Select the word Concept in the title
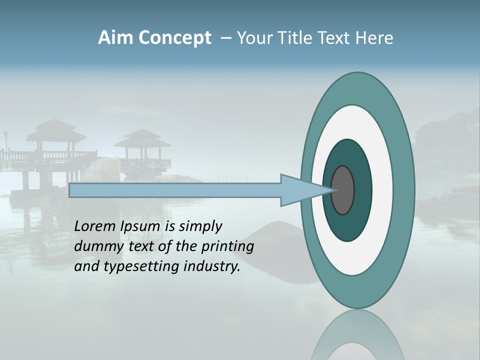coord(175,38)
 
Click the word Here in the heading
coord(374,38)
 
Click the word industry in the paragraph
coord(212,266)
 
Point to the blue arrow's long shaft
coord(175,190)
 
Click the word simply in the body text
coord(200,226)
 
